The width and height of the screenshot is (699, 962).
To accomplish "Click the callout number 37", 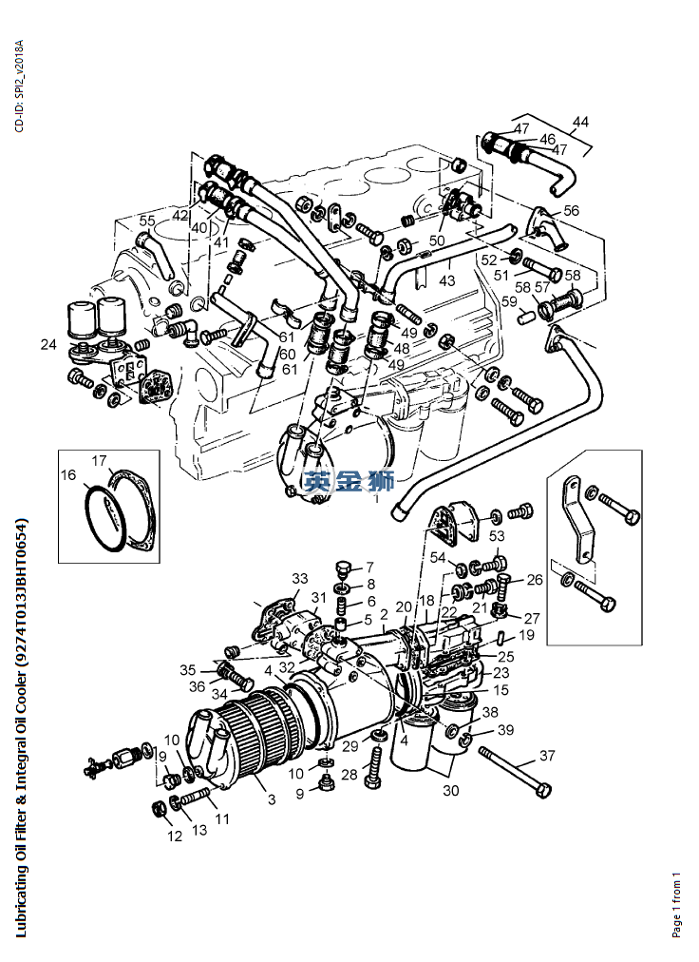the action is tap(547, 755).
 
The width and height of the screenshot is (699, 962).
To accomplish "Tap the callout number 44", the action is tap(580, 122).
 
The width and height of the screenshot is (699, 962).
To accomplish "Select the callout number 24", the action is tap(48, 345).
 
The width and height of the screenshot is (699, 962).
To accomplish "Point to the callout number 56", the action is tap(571, 210).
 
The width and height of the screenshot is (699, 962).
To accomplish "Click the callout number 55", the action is tap(147, 221).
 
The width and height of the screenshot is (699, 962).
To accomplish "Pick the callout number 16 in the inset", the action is tap(68, 475).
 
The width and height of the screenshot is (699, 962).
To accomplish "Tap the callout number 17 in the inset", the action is tap(100, 460).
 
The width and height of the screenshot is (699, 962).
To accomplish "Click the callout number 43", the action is tap(447, 280).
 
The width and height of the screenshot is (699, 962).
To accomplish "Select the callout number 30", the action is tap(451, 791).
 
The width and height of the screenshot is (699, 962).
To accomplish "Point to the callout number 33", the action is tap(300, 579).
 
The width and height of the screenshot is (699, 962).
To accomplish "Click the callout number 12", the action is tap(175, 837).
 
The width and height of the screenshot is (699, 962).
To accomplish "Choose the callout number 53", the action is tap(497, 536).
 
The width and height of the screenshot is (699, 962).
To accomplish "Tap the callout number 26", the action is tap(535, 580).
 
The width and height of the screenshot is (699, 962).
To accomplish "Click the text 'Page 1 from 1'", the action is tap(676, 904).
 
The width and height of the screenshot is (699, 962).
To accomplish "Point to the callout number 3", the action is tap(272, 799).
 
